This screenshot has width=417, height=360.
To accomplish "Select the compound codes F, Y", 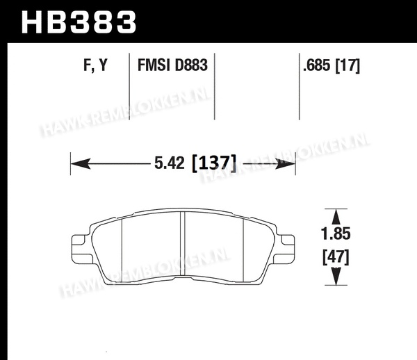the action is tap(95, 65).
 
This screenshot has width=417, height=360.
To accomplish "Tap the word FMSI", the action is tap(154, 65).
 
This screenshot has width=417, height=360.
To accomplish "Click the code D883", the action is tap(190, 65).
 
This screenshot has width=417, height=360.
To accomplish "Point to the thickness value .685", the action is tap(317, 65).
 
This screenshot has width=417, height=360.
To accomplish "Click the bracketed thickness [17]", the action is tap(347, 65).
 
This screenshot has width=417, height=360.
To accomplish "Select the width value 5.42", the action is tap(170, 163).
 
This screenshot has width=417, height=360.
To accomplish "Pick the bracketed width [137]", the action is tap(214, 163).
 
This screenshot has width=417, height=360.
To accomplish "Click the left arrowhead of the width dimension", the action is tap(81, 163).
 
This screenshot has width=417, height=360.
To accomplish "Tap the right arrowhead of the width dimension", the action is tap(286, 163).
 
